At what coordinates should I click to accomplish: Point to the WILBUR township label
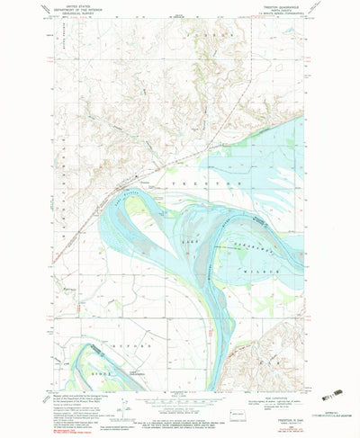(271, 270)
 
